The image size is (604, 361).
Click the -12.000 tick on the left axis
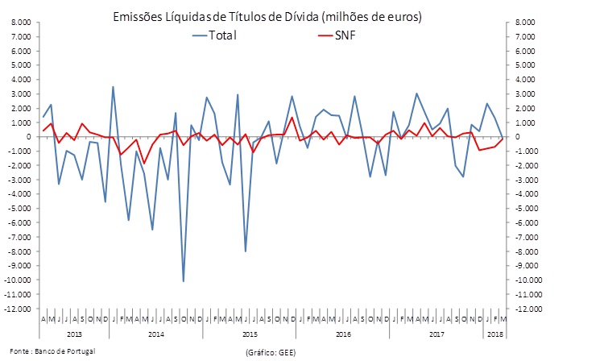tap(18, 309)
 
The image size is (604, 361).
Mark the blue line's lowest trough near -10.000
tap(184, 281)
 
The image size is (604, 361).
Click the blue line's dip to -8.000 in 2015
tap(246, 251)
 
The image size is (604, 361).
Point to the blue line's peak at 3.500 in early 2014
tap(113, 86)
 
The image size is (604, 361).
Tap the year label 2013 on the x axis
tap(73, 333)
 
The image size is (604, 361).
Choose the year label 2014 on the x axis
tap(157, 333)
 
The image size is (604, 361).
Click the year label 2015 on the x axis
tap(250, 333)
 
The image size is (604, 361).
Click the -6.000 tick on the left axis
tap(19, 223)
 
